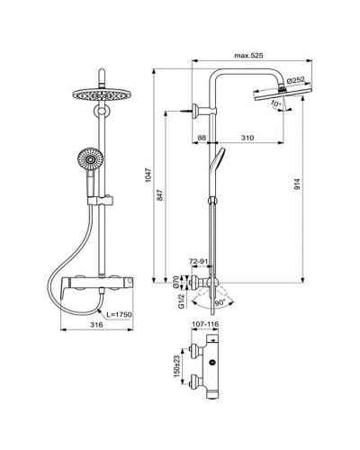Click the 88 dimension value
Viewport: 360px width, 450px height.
click(x=202, y=137)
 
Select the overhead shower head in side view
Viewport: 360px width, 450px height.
click(x=290, y=96)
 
